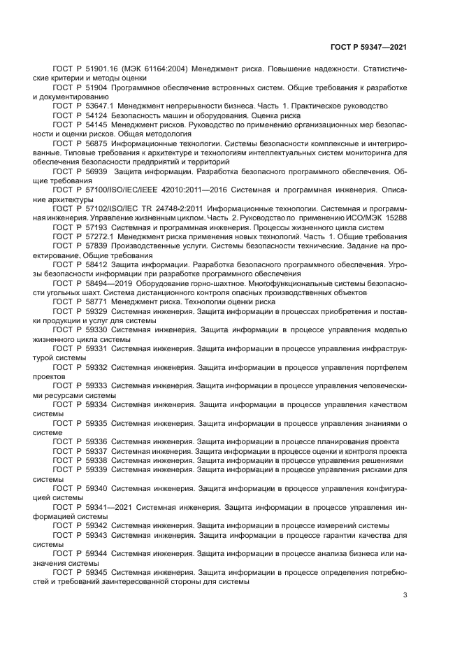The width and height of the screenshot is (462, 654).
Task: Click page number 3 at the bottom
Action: [405, 595]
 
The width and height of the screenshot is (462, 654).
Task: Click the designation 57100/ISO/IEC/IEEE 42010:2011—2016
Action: [147, 188]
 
